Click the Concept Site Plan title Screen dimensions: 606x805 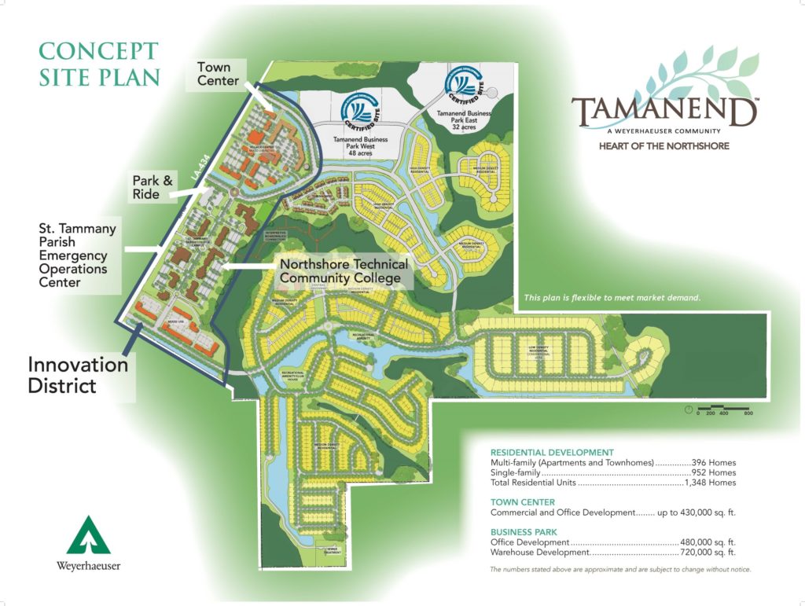pos(99,64)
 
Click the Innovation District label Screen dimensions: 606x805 pos(78,375)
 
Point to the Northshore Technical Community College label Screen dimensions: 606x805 pos(344,271)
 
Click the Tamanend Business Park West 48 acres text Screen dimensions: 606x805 pos(363,146)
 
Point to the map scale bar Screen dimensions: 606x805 pos(720,410)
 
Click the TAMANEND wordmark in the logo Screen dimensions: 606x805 pos(664,112)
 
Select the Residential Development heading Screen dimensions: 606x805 pos(552,453)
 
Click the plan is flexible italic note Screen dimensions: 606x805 pos(612,298)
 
